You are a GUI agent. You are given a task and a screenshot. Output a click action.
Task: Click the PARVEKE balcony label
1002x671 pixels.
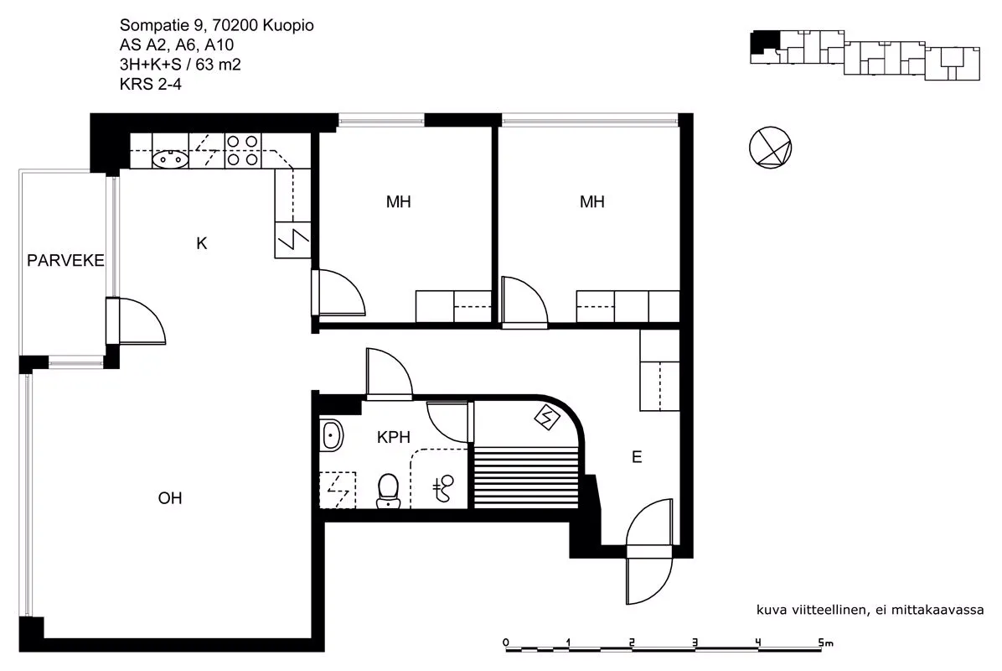(x=65, y=260)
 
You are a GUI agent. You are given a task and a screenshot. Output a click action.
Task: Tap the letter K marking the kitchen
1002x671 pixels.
(x=202, y=243)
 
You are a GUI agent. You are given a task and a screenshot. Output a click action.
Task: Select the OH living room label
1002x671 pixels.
(x=170, y=497)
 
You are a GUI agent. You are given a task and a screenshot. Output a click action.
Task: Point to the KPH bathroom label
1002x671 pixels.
(x=394, y=437)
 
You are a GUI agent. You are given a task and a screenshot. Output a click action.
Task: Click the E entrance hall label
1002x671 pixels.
(x=637, y=457)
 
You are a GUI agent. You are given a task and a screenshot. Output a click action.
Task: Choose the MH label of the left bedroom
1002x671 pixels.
(x=398, y=202)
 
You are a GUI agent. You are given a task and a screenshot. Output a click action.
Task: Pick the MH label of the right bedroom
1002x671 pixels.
(x=591, y=202)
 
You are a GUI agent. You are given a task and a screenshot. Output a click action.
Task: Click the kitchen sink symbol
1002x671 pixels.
(x=170, y=159)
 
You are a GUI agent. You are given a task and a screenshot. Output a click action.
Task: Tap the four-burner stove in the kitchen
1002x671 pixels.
(x=243, y=150)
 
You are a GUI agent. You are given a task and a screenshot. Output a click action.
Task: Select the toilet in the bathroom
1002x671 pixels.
(x=389, y=492)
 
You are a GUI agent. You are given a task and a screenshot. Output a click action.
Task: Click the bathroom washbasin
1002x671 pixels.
(x=331, y=435)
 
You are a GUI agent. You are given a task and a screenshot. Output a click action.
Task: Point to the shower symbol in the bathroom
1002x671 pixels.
(x=443, y=489)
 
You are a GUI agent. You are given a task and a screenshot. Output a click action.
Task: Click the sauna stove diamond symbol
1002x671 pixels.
(x=547, y=419)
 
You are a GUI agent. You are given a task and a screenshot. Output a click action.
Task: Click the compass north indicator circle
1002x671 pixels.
(x=770, y=148)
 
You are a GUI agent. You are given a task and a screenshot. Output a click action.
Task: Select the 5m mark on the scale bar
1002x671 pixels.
(x=825, y=642)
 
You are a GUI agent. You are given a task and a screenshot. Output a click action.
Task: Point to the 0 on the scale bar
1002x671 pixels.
(x=506, y=642)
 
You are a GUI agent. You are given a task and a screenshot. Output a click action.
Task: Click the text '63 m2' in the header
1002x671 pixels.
(x=218, y=65)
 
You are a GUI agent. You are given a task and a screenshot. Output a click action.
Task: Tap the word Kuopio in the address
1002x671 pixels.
(x=287, y=26)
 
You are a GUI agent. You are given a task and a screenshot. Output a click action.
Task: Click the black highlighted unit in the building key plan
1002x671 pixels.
(x=763, y=42)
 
